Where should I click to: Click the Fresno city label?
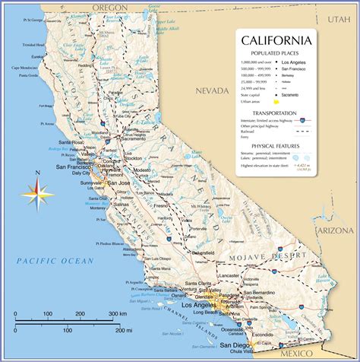(x=160, y=207)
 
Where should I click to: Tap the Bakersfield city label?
(x=199, y=251)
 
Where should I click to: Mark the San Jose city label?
(x=118, y=183)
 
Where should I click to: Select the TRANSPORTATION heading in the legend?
(x=276, y=113)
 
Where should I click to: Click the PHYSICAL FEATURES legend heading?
(x=276, y=145)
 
